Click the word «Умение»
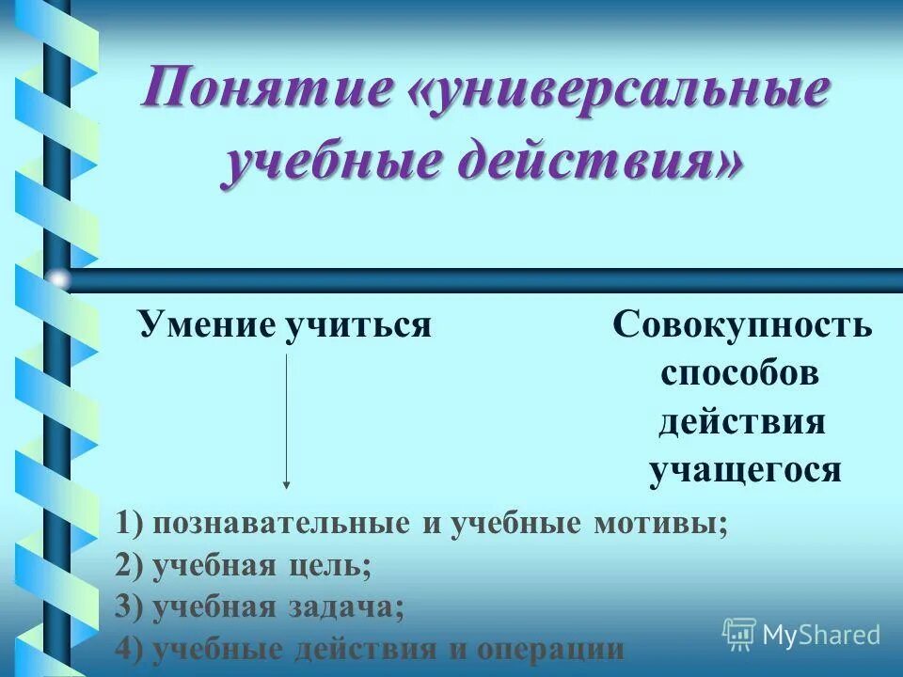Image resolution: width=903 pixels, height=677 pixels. pyautogui.click(x=206, y=324)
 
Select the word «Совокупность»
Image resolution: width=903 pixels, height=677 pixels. pyautogui.click(x=742, y=325)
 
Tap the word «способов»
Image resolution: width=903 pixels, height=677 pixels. pyautogui.click(x=740, y=373)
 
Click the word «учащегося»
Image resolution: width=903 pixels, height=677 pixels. pyautogui.click(x=744, y=469)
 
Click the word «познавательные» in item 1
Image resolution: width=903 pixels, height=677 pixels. pyautogui.click(x=284, y=524)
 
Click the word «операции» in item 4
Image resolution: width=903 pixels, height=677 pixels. pyautogui.click(x=551, y=649)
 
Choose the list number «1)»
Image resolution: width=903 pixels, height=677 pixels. pyautogui.click(x=130, y=524)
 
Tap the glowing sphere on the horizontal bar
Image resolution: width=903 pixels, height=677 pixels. pyautogui.click(x=58, y=279)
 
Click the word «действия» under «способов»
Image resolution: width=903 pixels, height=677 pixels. pyautogui.click(x=741, y=421)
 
